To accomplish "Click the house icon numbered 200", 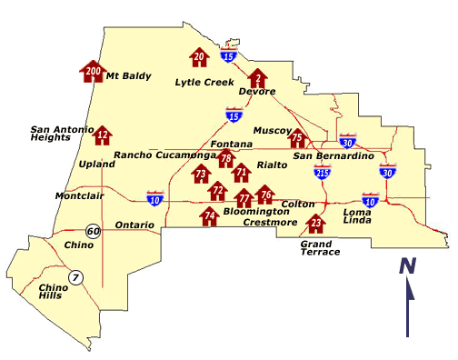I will [x=93, y=71].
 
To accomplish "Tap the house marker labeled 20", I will [x=200, y=59].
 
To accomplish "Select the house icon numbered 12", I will [x=103, y=136].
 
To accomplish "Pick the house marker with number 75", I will [x=297, y=139].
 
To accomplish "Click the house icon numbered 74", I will [x=210, y=216].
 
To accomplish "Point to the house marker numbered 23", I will [x=316, y=225].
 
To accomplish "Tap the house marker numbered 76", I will [x=265, y=195].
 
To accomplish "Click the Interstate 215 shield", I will [x=322, y=169].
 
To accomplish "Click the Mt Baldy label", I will [x=128, y=76].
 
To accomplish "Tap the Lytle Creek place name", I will [x=199, y=82].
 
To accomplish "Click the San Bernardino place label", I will [x=334, y=156].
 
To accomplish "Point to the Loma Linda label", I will [x=357, y=216].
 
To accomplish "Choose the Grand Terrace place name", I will [x=320, y=247].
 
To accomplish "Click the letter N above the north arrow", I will [x=408, y=265].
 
